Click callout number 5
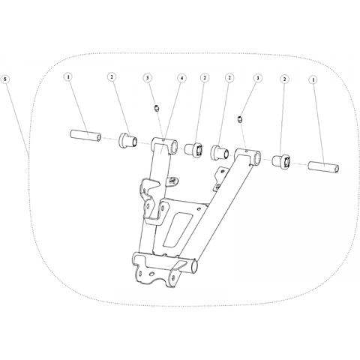click(6, 79)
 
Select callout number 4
click(182, 78)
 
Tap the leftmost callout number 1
click(68, 77)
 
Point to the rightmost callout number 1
click(313, 79)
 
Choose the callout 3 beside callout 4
click(148, 78)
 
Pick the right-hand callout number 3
click(257, 78)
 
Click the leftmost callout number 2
click(112, 77)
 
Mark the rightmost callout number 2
click(284, 79)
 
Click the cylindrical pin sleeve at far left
click(85, 136)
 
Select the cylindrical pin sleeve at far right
click(324, 167)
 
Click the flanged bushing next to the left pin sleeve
click(127, 141)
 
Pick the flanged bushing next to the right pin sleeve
click(281, 162)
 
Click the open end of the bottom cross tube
click(194, 267)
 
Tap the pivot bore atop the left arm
click(175, 145)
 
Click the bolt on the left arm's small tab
click(172, 180)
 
